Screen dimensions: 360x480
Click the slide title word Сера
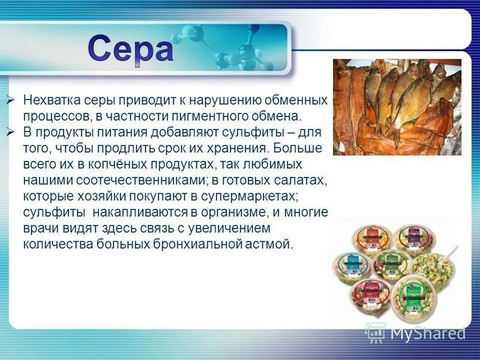click(x=130, y=49)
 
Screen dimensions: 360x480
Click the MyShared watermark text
click(x=427, y=332)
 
